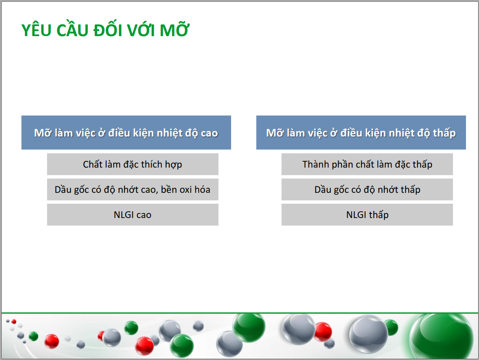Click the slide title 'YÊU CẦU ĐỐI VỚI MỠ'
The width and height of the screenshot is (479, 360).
click(x=105, y=30)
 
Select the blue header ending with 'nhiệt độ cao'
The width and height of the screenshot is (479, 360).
click(x=126, y=132)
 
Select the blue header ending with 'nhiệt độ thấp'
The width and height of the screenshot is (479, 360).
click(x=361, y=132)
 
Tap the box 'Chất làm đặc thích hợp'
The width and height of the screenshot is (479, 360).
click(x=133, y=164)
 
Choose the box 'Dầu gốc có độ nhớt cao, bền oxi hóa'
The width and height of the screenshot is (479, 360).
click(x=133, y=189)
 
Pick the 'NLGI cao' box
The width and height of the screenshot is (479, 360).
click(x=133, y=215)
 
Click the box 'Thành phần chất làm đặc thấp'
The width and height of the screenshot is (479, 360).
click(x=367, y=164)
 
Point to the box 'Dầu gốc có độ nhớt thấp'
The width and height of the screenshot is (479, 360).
click(x=367, y=189)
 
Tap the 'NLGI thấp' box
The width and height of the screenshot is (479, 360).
click(x=367, y=215)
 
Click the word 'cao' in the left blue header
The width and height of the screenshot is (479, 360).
click(x=209, y=133)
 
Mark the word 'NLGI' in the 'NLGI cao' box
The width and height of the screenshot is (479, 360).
click(x=124, y=215)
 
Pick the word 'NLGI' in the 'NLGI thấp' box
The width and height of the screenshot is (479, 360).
click(x=356, y=215)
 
